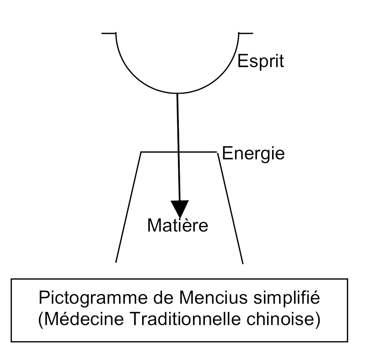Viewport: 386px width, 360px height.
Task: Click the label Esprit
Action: [x=260, y=61]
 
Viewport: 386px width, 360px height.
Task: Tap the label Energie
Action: [x=253, y=154]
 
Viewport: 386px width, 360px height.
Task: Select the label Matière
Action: [x=178, y=225]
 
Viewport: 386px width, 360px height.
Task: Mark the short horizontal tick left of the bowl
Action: [x=109, y=33]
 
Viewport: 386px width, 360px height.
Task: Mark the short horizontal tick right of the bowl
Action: [x=246, y=33]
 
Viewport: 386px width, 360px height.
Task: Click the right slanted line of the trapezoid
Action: [x=231, y=207]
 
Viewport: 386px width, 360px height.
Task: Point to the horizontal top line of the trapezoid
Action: [x=157, y=152]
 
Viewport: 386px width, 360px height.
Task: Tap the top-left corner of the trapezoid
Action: [x=141, y=152]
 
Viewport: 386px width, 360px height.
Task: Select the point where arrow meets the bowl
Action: [x=177, y=93]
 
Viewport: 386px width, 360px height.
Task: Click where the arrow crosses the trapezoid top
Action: [x=179, y=152]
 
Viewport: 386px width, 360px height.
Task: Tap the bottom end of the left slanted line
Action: [x=116, y=262]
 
